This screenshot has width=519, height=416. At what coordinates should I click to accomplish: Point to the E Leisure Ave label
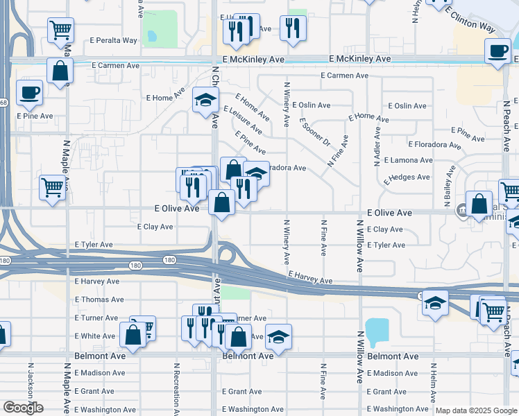(x=242, y=119)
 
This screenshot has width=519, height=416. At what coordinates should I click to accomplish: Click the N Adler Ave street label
(x=377, y=150)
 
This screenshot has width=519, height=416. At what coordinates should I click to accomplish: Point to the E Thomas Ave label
(x=99, y=300)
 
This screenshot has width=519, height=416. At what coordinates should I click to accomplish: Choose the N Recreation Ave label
(x=177, y=385)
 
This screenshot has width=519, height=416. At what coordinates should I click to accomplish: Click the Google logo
(x=22, y=408)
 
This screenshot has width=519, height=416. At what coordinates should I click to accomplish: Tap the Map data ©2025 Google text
(x=475, y=410)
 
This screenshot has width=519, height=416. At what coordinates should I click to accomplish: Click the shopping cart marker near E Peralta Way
(x=61, y=30)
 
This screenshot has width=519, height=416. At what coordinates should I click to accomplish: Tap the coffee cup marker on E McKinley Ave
(x=497, y=51)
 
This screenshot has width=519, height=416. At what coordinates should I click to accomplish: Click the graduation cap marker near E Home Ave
(x=205, y=101)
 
